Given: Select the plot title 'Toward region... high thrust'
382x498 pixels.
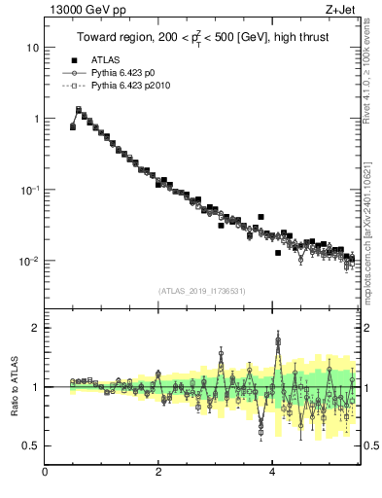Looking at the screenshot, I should (201, 37).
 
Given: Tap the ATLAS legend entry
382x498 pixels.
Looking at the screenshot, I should (103, 58).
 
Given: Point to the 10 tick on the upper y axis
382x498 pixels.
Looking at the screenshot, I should (33, 48).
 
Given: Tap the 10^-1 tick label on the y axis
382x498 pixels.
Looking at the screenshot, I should (29, 190).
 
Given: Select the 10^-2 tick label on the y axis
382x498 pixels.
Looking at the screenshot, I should (29, 261).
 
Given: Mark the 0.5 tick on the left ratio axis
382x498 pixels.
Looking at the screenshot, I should (31, 445).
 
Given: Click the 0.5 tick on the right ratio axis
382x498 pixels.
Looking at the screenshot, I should (370, 445).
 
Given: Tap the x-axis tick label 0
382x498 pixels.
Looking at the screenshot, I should (46, 472).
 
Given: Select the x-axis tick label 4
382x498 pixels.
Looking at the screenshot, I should (272, 472).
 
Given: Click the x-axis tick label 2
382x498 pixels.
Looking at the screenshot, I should (158, 472).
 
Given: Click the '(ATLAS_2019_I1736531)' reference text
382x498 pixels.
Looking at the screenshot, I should (201, 290).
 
